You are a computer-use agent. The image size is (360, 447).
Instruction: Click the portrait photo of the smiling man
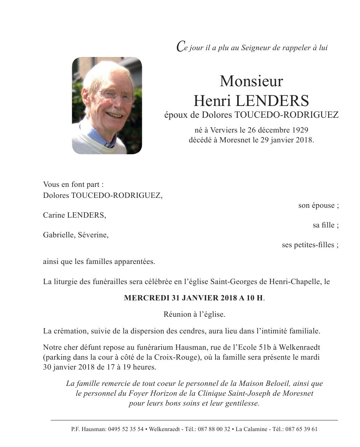(x=107, y=106)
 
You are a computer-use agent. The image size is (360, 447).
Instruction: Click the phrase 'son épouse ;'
(x=318, y=205)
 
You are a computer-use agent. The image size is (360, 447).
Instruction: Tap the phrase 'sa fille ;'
(x=325, y=225)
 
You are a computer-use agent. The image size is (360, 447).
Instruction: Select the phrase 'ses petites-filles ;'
(x=310, y=245)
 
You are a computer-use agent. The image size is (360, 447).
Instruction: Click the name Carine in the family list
(x=54, y=215)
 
